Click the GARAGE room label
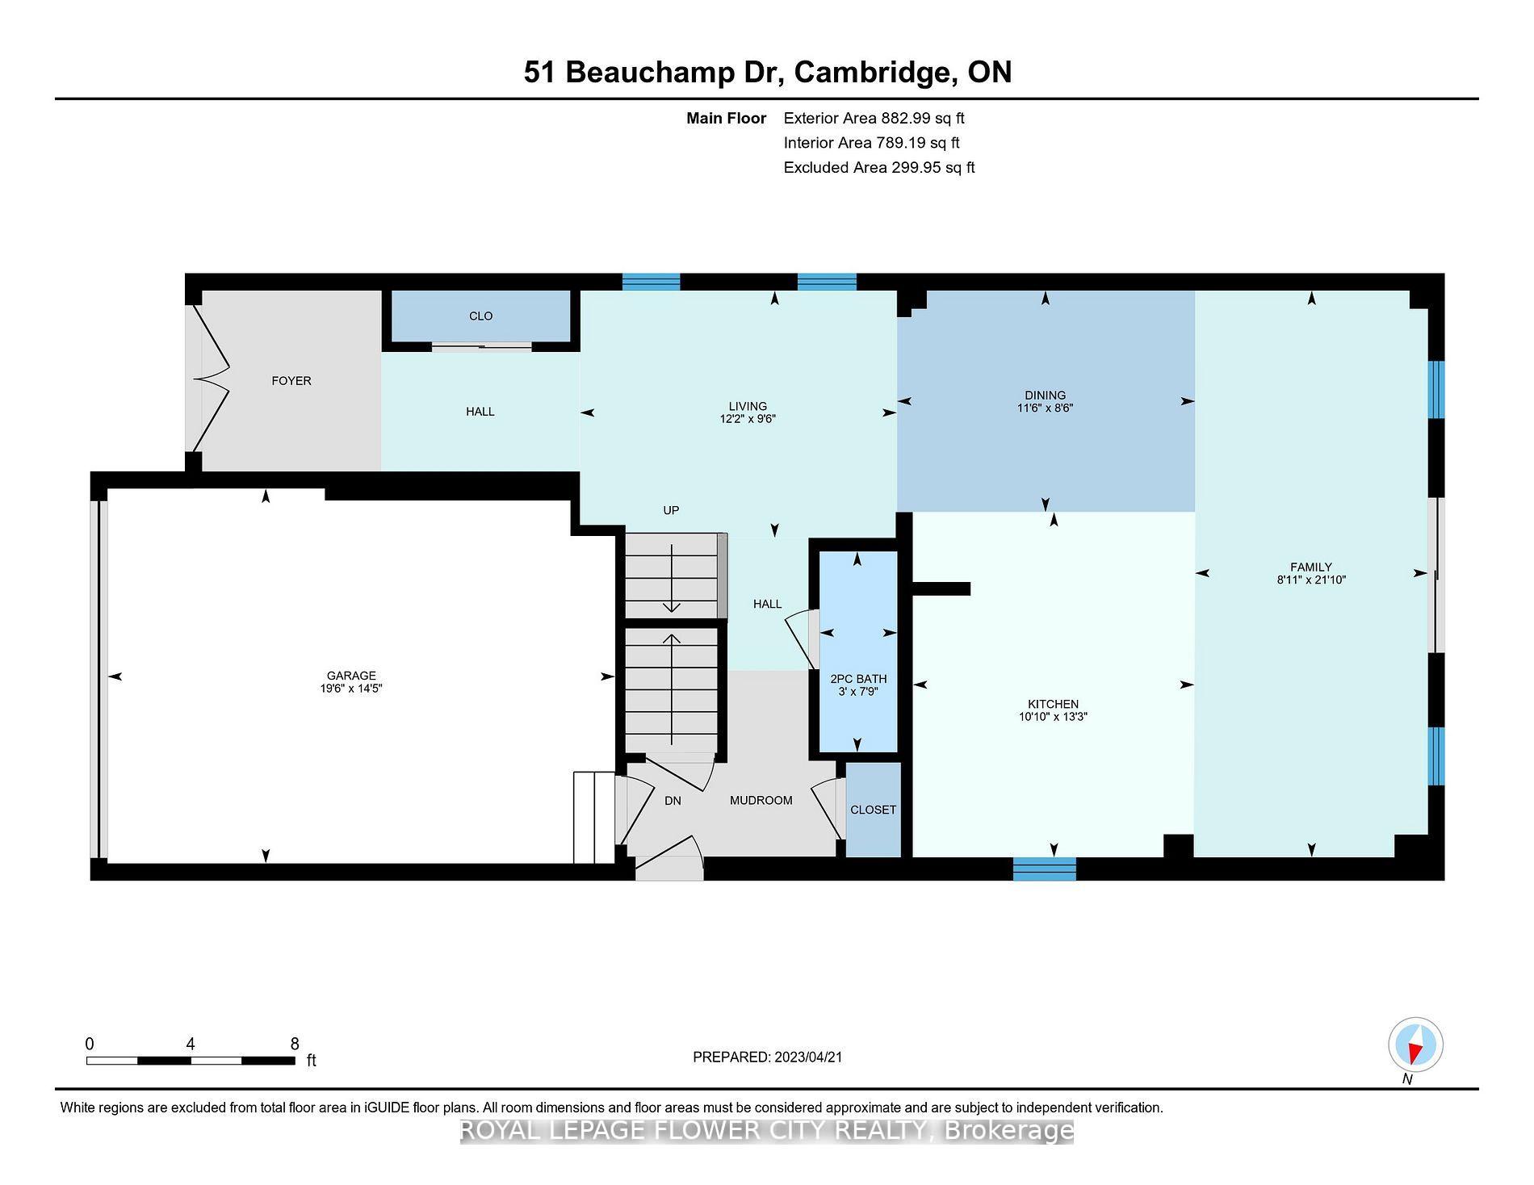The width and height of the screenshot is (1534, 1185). pos(351,676)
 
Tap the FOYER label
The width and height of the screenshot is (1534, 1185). pos(291,380)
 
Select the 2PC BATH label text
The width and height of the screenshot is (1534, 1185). pos(858,679)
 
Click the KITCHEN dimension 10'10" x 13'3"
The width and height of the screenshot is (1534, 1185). pos(1054,716)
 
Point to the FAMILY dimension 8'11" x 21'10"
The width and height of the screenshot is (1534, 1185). pos(1311,580)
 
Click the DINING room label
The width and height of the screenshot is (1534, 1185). pos(1046,395)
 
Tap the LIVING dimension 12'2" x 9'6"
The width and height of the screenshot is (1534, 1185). pos(748,419)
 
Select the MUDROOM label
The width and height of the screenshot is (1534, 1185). pos(761,800)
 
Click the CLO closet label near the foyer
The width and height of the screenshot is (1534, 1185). pos(481,316)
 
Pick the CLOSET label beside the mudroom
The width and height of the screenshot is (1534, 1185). pos(874,810)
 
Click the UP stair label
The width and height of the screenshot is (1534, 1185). pos(671,510)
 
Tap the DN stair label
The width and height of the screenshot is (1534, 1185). pos(673,801)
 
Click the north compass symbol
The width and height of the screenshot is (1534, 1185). pos(1415,1045)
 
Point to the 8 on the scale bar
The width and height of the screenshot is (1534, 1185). pos(295,1044)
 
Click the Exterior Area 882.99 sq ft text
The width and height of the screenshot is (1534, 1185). pos(874,118)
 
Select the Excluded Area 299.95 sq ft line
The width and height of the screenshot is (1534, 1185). pos(879,167)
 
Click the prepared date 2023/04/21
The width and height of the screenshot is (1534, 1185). pos(808,1057)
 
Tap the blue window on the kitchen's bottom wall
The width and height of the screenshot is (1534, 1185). pos(1045,869)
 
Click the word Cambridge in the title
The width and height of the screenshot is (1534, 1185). pos(870,72)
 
